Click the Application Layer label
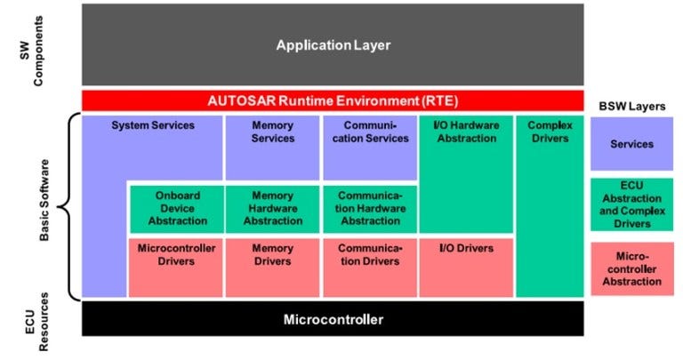[333, 44]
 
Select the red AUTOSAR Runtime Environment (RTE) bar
[333, 100]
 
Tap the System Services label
[152, 125]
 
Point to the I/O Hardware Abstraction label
[465, 132]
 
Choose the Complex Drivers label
[549, 132]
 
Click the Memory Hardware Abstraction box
[272, 208]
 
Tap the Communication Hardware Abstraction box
[370, 208]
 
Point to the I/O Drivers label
[465, 248]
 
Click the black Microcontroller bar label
[333, 319]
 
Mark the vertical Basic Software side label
[45, 207]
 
